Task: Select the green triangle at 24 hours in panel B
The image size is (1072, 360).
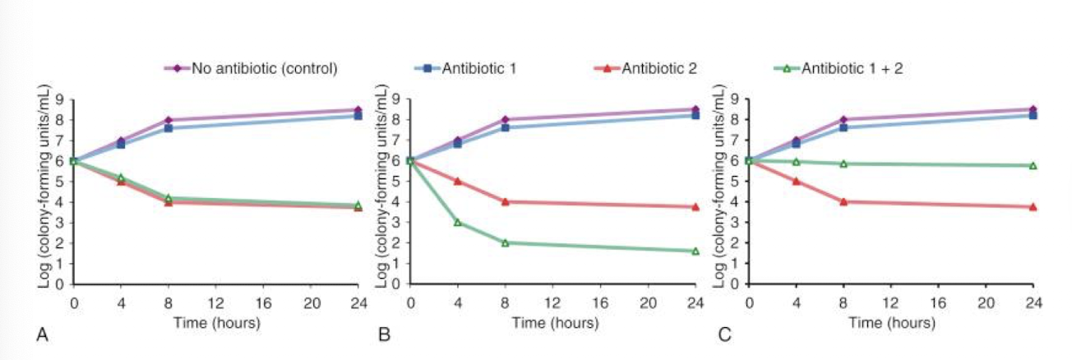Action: tap(695, 251)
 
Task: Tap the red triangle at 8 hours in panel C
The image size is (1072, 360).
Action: tap(844, 201)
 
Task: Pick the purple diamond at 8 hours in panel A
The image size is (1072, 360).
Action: tap(168, 120)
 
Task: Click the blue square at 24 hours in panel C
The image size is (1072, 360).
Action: tap(1033, 115)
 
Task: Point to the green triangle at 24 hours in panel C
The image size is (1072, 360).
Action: tap(1033, 165)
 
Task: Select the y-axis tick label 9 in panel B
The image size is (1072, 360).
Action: tap(397, 99)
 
